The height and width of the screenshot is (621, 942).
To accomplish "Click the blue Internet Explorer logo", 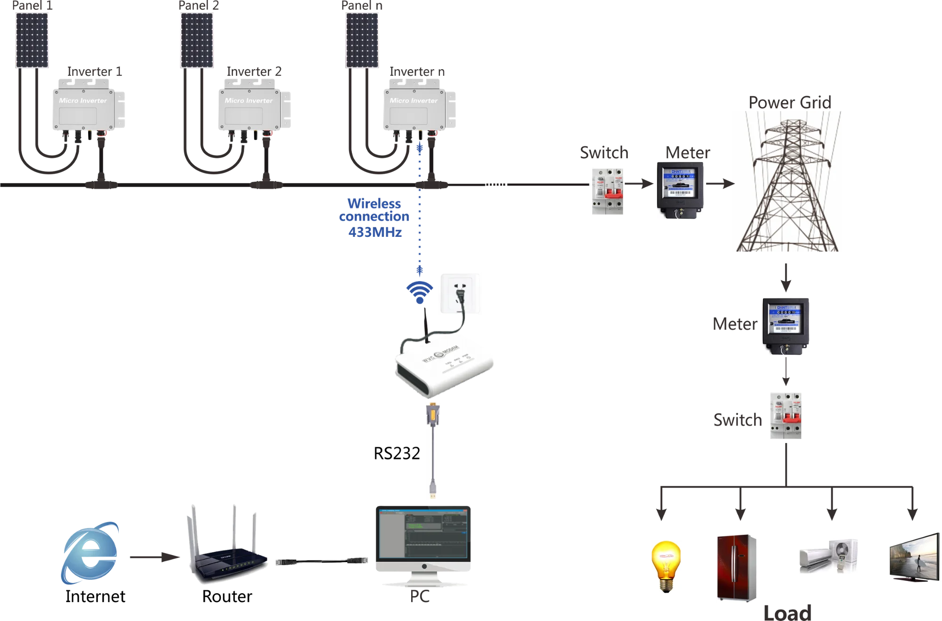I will [89, 553].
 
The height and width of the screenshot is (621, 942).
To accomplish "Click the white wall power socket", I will [460, 293].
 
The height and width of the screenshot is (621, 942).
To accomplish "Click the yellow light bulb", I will [665, 565].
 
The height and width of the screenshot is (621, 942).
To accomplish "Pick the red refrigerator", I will [738, 568].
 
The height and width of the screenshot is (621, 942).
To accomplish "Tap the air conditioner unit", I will [828, 555].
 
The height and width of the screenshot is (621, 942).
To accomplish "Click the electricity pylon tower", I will [787, 181].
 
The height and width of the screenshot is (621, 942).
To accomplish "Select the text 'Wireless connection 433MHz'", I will [375, 218].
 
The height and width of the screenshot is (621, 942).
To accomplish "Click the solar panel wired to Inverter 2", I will [197, 40].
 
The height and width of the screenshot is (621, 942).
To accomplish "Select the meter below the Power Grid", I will [786, 327].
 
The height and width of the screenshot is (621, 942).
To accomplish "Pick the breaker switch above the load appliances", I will [785, 416].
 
